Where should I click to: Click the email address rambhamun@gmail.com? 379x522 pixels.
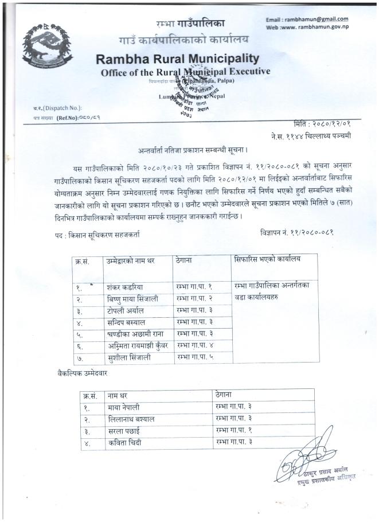315,19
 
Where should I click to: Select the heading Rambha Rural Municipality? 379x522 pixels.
178,59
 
